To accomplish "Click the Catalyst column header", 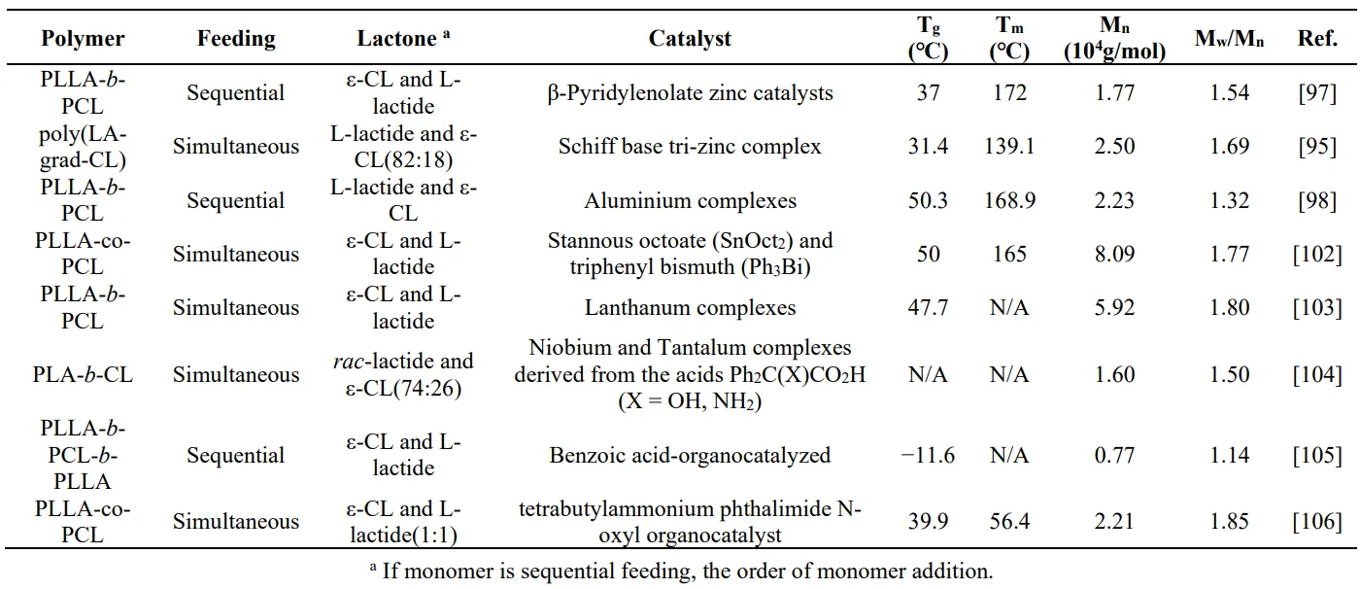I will tap(690, 39).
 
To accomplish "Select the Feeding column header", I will tap(236, 39).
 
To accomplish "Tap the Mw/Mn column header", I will tap(1229, 39).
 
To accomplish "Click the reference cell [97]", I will tap(1316, 93).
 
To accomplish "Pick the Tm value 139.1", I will tap(1009, 147).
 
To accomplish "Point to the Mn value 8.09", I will tap(1114, 255).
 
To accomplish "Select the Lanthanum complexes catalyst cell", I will tap(690, 308).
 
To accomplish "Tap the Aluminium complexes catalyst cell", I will tap(690, 201).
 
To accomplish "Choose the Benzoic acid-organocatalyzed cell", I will tap(690, 455).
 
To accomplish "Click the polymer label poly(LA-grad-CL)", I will tap(83, 147).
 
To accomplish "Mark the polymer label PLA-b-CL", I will tap(83, 375).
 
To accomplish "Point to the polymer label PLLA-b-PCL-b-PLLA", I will tap(83, 455).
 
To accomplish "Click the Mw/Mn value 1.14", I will tap(1229, 455).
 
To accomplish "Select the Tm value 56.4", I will tap(1009, 522).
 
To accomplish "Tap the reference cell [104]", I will tap(1316, 375).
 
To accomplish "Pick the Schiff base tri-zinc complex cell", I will tap(690, 147).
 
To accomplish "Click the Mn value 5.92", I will tap(1114, 308).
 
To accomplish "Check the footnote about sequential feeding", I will tap(680, 571).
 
